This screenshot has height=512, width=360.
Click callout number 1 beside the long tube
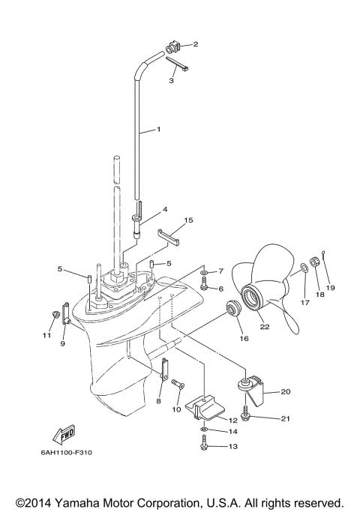(159, 130)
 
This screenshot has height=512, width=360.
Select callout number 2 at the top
(196, 45)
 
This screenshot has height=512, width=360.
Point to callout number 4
(164, 209)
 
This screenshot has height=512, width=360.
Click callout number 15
(188, 220)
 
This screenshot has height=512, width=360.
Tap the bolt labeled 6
(204, 286)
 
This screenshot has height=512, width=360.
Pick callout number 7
(220, 271)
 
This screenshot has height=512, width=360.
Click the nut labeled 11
(55, 313)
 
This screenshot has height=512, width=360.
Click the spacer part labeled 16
(232, 307)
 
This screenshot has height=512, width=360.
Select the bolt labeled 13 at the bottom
(205, 446)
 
